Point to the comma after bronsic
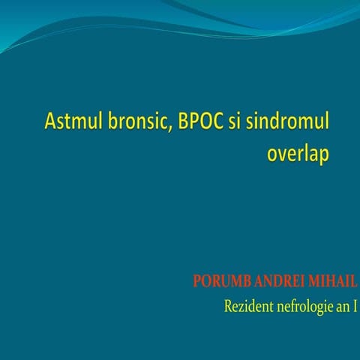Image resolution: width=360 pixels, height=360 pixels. click(x=172, y=127)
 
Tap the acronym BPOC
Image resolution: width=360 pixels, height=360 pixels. click(x=200, y=121)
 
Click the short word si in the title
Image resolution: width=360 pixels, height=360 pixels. click(x=237, y=121)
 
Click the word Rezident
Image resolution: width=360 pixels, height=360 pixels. click(x=248, y=307)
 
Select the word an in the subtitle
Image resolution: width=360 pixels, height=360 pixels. click(x=343, y=308)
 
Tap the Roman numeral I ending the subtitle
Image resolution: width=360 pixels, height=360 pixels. click(x=355, y=307)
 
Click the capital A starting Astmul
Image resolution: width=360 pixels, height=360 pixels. click(x=51, y=121)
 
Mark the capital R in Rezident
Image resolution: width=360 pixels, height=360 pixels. click(x=228, y=307)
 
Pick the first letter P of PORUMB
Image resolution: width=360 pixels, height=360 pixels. click(x=197, y=282)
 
